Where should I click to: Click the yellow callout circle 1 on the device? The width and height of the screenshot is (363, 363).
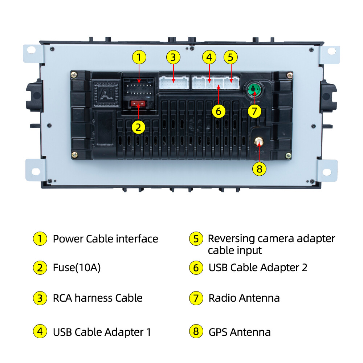139,57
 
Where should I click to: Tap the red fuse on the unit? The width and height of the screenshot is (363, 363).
139,104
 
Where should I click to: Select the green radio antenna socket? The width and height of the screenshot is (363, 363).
254,89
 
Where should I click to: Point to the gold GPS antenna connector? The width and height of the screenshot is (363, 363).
259,141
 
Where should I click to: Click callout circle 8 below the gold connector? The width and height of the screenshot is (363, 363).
259,168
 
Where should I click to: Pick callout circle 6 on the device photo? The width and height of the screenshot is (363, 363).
218,111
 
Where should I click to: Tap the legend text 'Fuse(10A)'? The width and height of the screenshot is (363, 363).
77,268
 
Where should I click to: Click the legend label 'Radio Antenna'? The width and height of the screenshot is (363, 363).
244,298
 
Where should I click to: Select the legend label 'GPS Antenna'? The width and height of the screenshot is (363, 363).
240,332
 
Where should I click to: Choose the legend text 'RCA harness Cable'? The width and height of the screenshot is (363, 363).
98,298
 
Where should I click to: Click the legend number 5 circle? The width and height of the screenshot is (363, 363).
196,239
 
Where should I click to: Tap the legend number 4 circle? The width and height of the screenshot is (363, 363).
40,332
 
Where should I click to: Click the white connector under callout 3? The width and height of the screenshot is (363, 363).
174,83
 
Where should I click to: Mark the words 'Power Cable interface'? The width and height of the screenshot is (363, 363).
105,239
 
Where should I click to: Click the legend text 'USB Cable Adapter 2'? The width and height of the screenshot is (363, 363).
258,268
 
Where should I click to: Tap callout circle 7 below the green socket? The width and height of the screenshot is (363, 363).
254,111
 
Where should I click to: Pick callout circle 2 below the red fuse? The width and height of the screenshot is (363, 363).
138,127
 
